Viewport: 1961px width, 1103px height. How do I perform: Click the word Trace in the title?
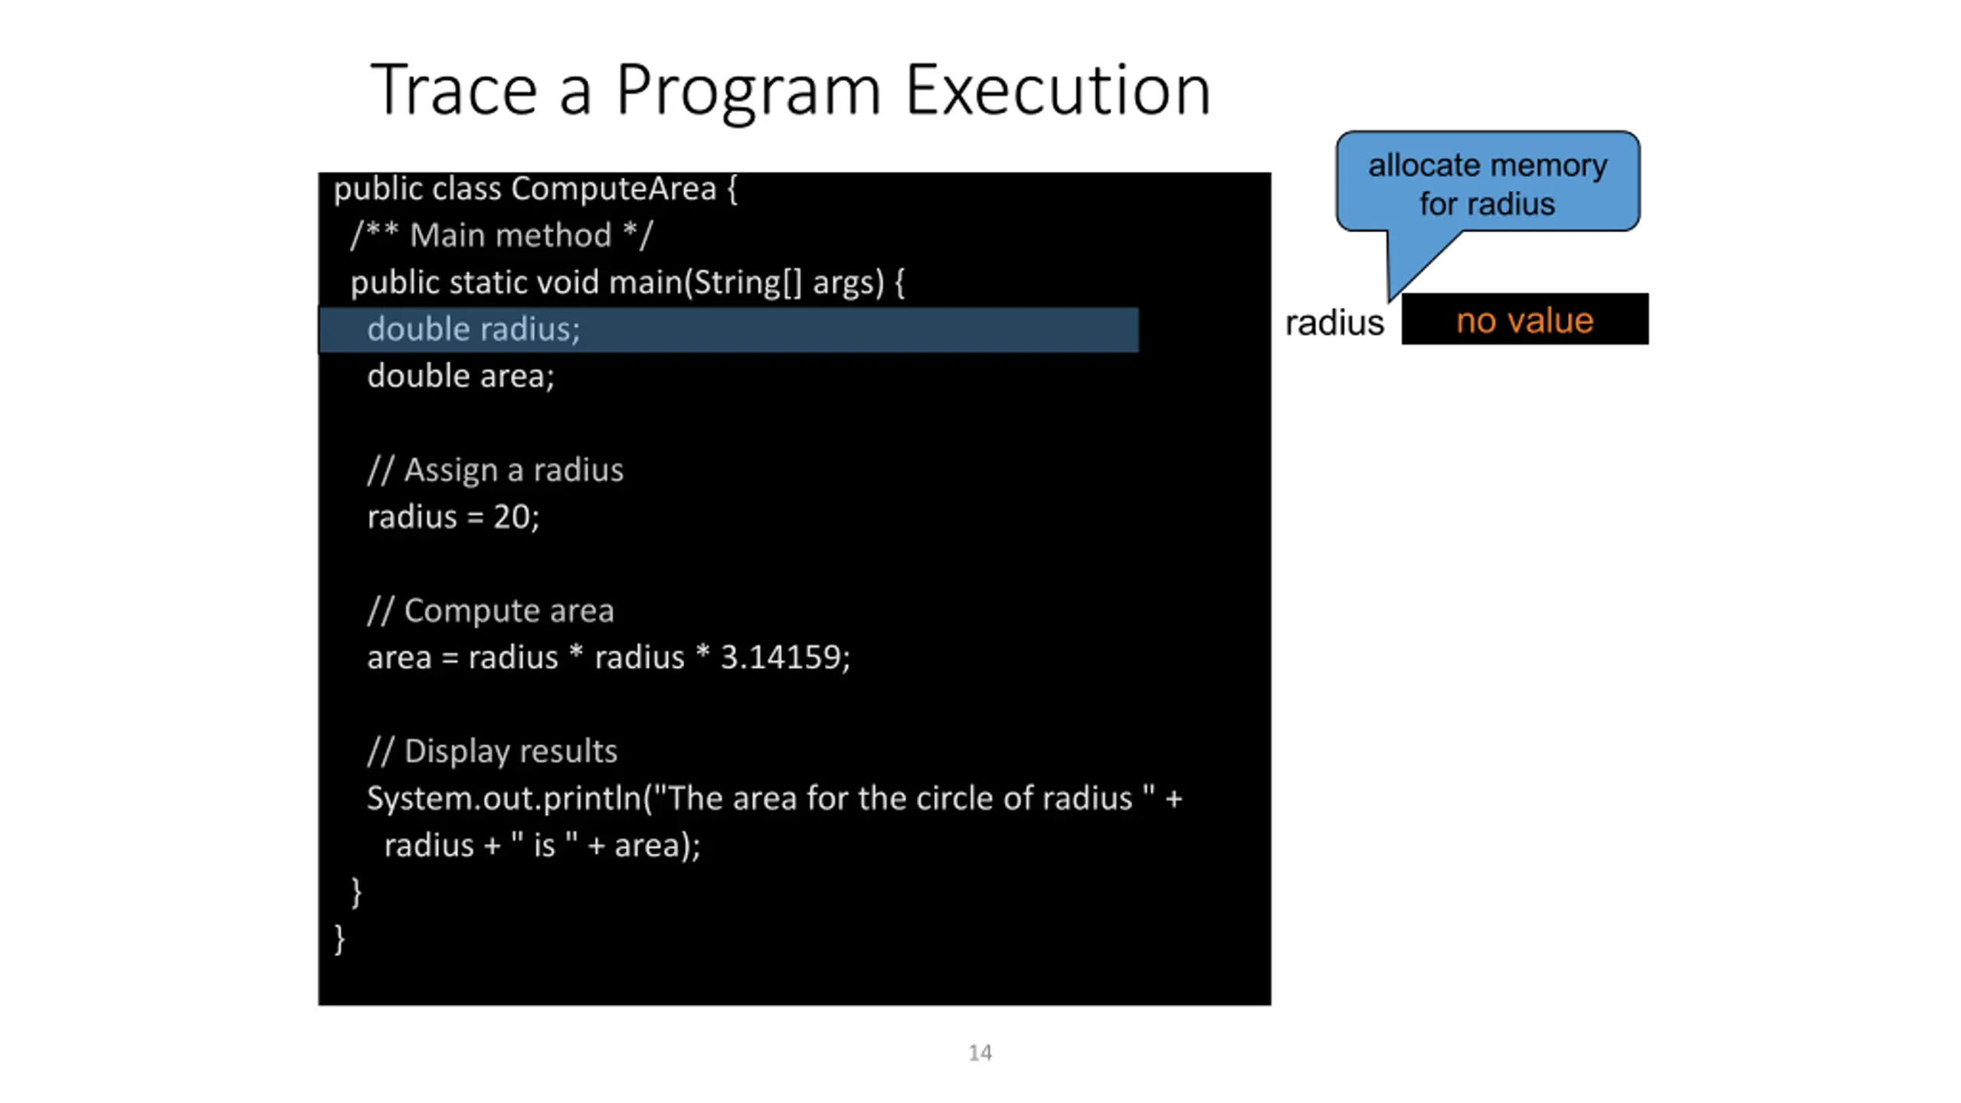click(x=453, y=90)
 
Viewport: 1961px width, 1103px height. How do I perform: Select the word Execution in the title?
click(x=1058, y=90)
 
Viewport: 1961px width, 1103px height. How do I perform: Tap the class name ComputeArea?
click(x=614, y=188)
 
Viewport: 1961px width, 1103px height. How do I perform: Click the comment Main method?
click(x=510, y=235)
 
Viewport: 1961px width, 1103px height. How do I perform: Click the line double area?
click(x=460, y=377)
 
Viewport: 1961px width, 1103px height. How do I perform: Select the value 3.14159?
click(x=781, y=657)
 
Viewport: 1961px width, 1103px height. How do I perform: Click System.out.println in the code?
click(x=504, y=799)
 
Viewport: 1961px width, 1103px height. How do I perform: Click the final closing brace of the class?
click(x=339, y=939)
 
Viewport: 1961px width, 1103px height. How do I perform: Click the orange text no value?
click(x=1524, y=320)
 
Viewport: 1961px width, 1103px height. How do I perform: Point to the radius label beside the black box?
click(x=1334, y=323)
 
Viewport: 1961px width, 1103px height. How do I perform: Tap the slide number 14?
click(x=980, y=1053)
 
